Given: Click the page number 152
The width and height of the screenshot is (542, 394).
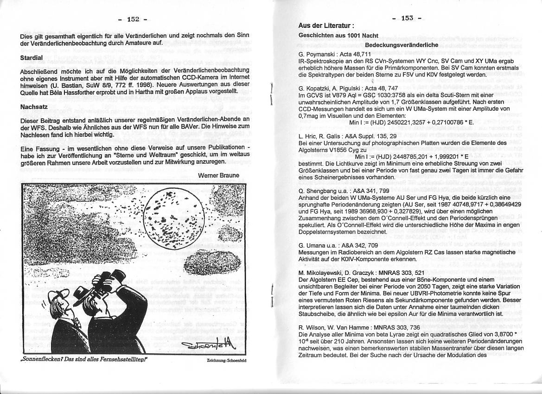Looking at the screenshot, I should tap(133, 19).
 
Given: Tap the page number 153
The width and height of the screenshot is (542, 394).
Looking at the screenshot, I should tap(407, 18).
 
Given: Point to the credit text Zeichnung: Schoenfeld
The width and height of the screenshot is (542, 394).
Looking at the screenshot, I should tap(227, 360).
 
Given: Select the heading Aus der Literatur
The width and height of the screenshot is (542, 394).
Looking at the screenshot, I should tap(327, 25).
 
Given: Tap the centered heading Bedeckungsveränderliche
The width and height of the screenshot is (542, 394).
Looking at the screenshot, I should tap(402, 45).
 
